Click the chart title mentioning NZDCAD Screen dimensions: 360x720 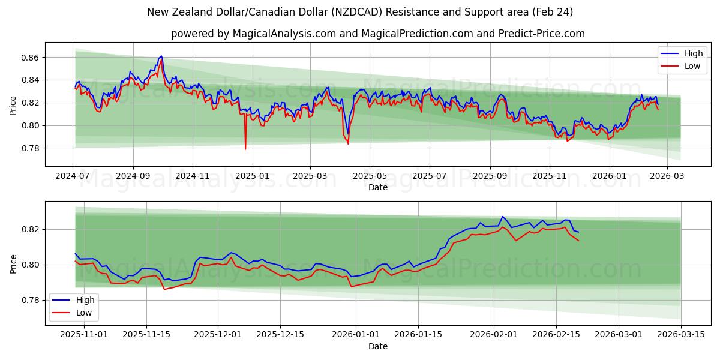click(x=360, y=12)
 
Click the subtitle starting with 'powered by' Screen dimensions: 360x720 click(x=377, y=34)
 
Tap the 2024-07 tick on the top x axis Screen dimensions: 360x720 click(x=73, y=176)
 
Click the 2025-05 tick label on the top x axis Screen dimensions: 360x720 click(x=370, y=176)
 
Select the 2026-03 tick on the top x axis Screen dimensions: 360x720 click(x=668, y=176)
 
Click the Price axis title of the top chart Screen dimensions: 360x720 click(x=13, y=105)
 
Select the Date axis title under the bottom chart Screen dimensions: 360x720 click(x=377, y=346)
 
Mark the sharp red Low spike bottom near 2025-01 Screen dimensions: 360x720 click(x=245, y=149)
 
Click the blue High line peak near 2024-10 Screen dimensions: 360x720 click(x=161, y=56)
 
